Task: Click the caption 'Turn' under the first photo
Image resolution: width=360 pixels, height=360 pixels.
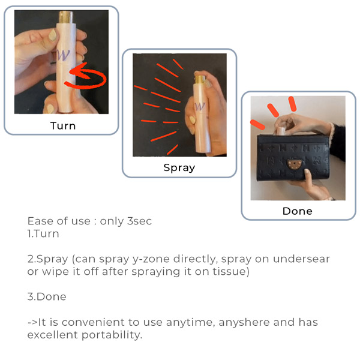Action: [x=63, y=126]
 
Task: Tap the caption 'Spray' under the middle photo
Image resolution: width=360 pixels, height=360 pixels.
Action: [x=179, y=168]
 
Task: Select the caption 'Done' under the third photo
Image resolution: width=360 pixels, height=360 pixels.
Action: [x=298, y=211]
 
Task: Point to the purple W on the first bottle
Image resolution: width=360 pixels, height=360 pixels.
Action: [x=64, y=55]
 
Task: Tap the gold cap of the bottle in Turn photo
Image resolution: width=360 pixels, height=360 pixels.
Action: [x=66, y=17]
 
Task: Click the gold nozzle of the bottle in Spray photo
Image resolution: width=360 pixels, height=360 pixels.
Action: [x=200, y=79]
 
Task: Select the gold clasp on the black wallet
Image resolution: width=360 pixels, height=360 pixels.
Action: [x=295, y=164]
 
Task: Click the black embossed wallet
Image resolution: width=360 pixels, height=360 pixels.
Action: [x=293, y=158]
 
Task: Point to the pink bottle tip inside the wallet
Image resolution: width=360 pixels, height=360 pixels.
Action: [x=281, y=131]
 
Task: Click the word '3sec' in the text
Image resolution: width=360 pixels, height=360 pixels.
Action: [x=139, y=221]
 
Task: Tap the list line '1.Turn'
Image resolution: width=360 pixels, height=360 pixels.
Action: [x=43, y=234]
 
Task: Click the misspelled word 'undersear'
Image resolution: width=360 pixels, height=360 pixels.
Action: [x=301, y=259]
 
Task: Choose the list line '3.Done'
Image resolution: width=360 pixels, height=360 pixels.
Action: [x=47, y=296]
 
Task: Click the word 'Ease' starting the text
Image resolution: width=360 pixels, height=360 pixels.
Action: [x=41, y=221]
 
